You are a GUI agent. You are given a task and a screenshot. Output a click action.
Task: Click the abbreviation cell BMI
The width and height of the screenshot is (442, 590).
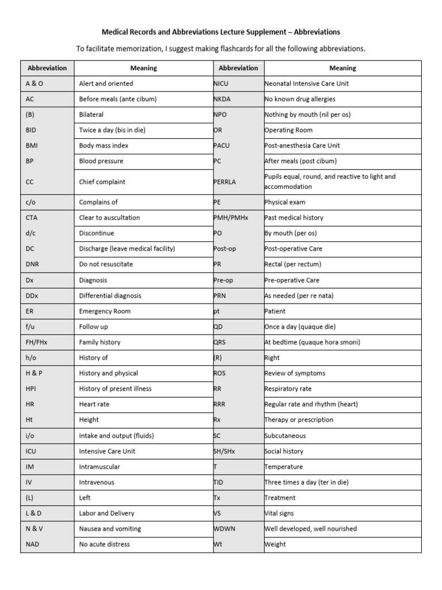coord(32,146)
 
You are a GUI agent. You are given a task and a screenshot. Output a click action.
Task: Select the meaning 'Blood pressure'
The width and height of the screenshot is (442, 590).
coord(101,161)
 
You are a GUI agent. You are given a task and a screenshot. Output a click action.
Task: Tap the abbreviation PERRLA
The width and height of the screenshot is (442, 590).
coord(224,182)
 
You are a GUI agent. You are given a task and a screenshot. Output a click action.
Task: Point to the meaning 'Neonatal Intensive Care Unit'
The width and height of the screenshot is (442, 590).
coord(306,84)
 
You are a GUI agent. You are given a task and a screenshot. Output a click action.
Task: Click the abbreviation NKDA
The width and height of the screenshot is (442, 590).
coord(222,99)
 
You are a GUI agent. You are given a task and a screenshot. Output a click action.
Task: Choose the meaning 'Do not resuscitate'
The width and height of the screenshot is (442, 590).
coord(106,264)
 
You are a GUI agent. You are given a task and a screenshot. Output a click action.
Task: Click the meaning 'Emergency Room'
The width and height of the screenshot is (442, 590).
coord(105,311)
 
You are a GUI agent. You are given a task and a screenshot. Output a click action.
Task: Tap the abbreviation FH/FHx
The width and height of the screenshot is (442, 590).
coord(37,342)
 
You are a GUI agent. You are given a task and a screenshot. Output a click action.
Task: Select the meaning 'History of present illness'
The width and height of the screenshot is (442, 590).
coord(115,389)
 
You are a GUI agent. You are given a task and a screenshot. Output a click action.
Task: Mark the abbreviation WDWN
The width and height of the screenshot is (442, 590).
coord(224,529)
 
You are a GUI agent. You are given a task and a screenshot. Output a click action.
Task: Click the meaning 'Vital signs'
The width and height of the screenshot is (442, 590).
coord(279,513)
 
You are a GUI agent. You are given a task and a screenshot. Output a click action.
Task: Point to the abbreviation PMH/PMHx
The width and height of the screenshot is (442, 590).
coord(230,218)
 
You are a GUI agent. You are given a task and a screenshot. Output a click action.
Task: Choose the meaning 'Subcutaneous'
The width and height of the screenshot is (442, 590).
coord(285,436)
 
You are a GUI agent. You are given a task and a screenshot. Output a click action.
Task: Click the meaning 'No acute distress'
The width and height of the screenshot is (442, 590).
coord(104,544)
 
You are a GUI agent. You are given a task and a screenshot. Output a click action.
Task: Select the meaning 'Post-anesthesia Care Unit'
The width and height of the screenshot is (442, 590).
coord(302,146)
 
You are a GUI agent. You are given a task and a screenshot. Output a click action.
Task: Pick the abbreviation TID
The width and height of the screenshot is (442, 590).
coord(218,482)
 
